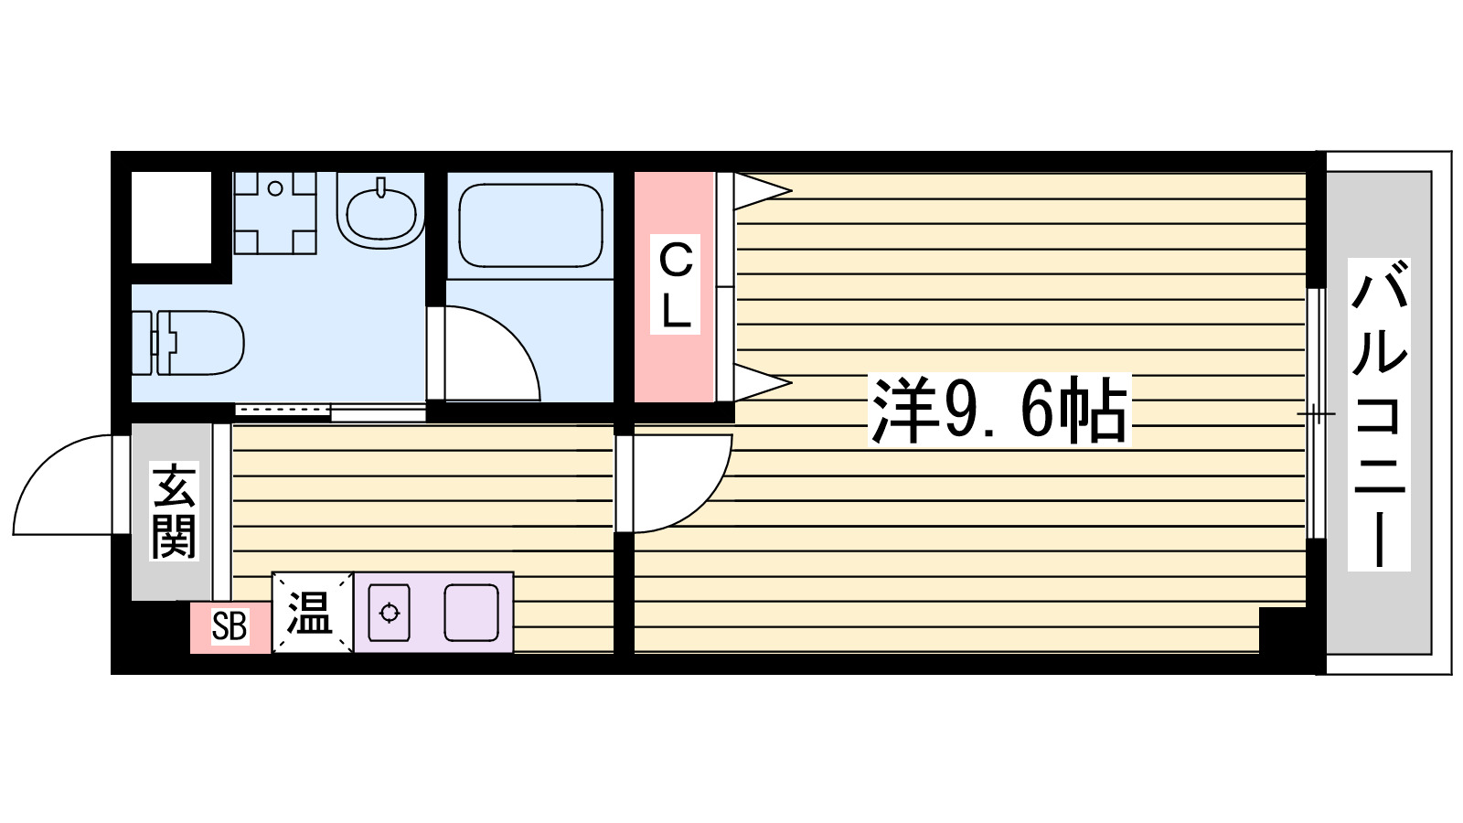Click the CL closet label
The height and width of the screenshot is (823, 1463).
676,285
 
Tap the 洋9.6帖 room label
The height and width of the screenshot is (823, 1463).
998,411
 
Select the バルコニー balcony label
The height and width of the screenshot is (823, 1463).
1379,414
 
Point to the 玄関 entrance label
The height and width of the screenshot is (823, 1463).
174,511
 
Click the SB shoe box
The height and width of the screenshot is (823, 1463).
230,627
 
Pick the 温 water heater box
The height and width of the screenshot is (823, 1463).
311,613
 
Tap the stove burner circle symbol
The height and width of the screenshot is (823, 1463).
390,613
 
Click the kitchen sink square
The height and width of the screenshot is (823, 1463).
471,613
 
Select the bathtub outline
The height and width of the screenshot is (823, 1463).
530,226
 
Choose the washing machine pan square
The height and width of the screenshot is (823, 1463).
274,212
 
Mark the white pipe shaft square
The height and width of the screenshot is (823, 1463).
171,217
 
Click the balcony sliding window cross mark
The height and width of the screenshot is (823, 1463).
1316,414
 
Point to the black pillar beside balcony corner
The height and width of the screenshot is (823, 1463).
1281,629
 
